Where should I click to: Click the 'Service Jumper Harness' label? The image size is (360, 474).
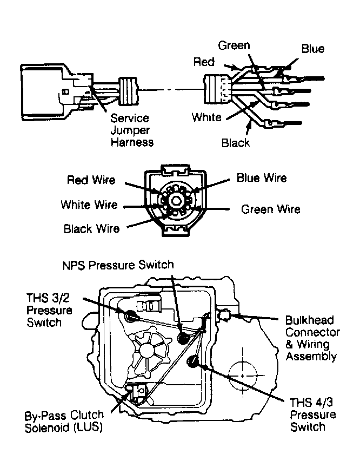132,130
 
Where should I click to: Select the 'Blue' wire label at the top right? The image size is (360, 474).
312,49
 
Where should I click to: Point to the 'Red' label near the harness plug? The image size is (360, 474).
204,62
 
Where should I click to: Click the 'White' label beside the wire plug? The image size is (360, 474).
206,117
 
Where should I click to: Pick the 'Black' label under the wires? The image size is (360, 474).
236,143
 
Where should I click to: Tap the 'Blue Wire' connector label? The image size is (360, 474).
262,178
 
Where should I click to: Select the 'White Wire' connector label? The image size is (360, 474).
89,205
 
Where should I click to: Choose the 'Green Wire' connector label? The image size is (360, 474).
270,209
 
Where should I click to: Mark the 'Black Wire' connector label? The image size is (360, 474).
91,229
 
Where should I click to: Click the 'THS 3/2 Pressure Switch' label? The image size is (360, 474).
49,310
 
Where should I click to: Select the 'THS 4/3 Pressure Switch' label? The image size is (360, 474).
313,415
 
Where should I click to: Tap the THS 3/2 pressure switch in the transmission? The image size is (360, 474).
130,315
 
